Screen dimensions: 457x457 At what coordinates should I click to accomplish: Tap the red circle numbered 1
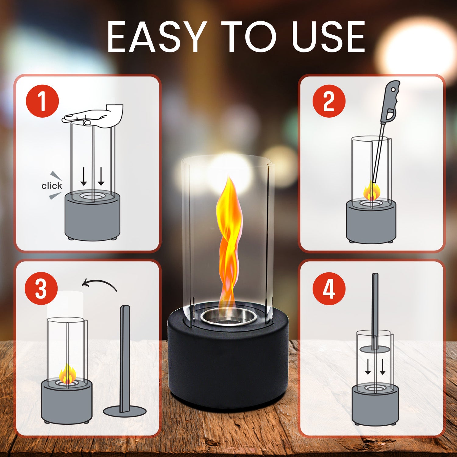42,101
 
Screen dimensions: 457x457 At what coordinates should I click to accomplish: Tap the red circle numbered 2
329,101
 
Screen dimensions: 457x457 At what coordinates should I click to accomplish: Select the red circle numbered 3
41,289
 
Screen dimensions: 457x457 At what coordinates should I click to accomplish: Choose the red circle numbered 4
329,289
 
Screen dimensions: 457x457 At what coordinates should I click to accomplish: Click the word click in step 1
51,186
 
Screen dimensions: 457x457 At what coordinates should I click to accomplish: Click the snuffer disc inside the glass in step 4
375,349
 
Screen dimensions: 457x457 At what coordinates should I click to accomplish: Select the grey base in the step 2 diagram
371,222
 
